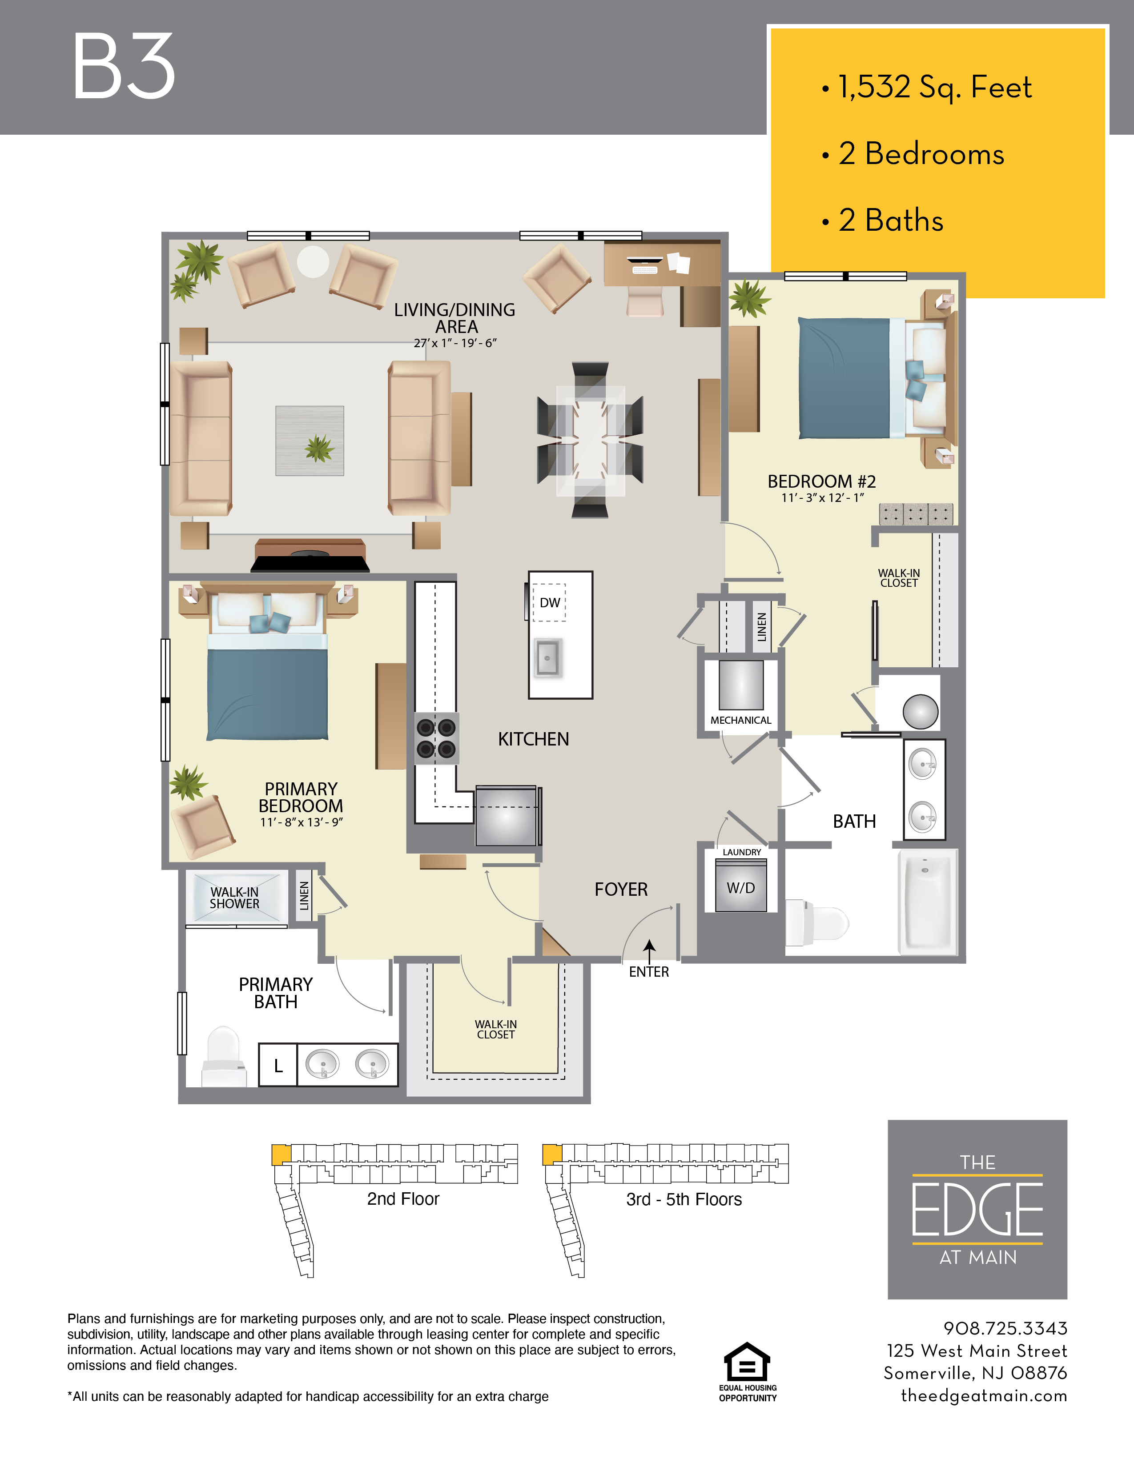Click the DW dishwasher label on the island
click(550, 602)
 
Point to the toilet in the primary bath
click(222, 1055)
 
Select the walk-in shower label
click(234, 898)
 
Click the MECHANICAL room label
click(741, 720)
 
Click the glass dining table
click(591, 440)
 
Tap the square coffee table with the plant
click(310, 441)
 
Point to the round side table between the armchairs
click(313, 261)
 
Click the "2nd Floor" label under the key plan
click(403, 1199)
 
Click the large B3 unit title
click(124, 67)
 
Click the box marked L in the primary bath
click(278, 1065)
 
